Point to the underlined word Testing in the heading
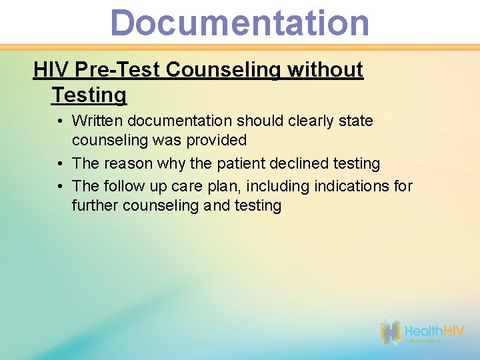(89, 95)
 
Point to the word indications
(346, 186)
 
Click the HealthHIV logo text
(435, 331)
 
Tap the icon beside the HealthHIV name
(391, 332)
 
